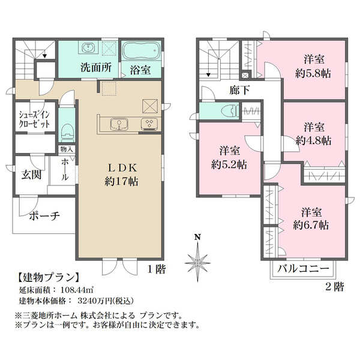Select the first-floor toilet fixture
tap(67, 133)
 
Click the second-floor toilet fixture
tap(230, 112)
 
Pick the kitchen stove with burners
tap(149, 124)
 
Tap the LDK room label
tap(122, 168)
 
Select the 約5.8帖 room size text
tap(313, 74)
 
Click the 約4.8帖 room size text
tap(314, 140)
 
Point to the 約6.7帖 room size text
tap(311, 225)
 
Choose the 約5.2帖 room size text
tap(229, 164)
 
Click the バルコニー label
tap(303, 268)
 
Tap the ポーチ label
tap(44, 216)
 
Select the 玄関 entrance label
tap(31, 175)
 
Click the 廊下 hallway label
tap(239, 90)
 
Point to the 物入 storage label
tap(67, 149)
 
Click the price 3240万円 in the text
tap(95, 301)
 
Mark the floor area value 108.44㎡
tap(77, 290)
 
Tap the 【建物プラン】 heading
tap(49, 278)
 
